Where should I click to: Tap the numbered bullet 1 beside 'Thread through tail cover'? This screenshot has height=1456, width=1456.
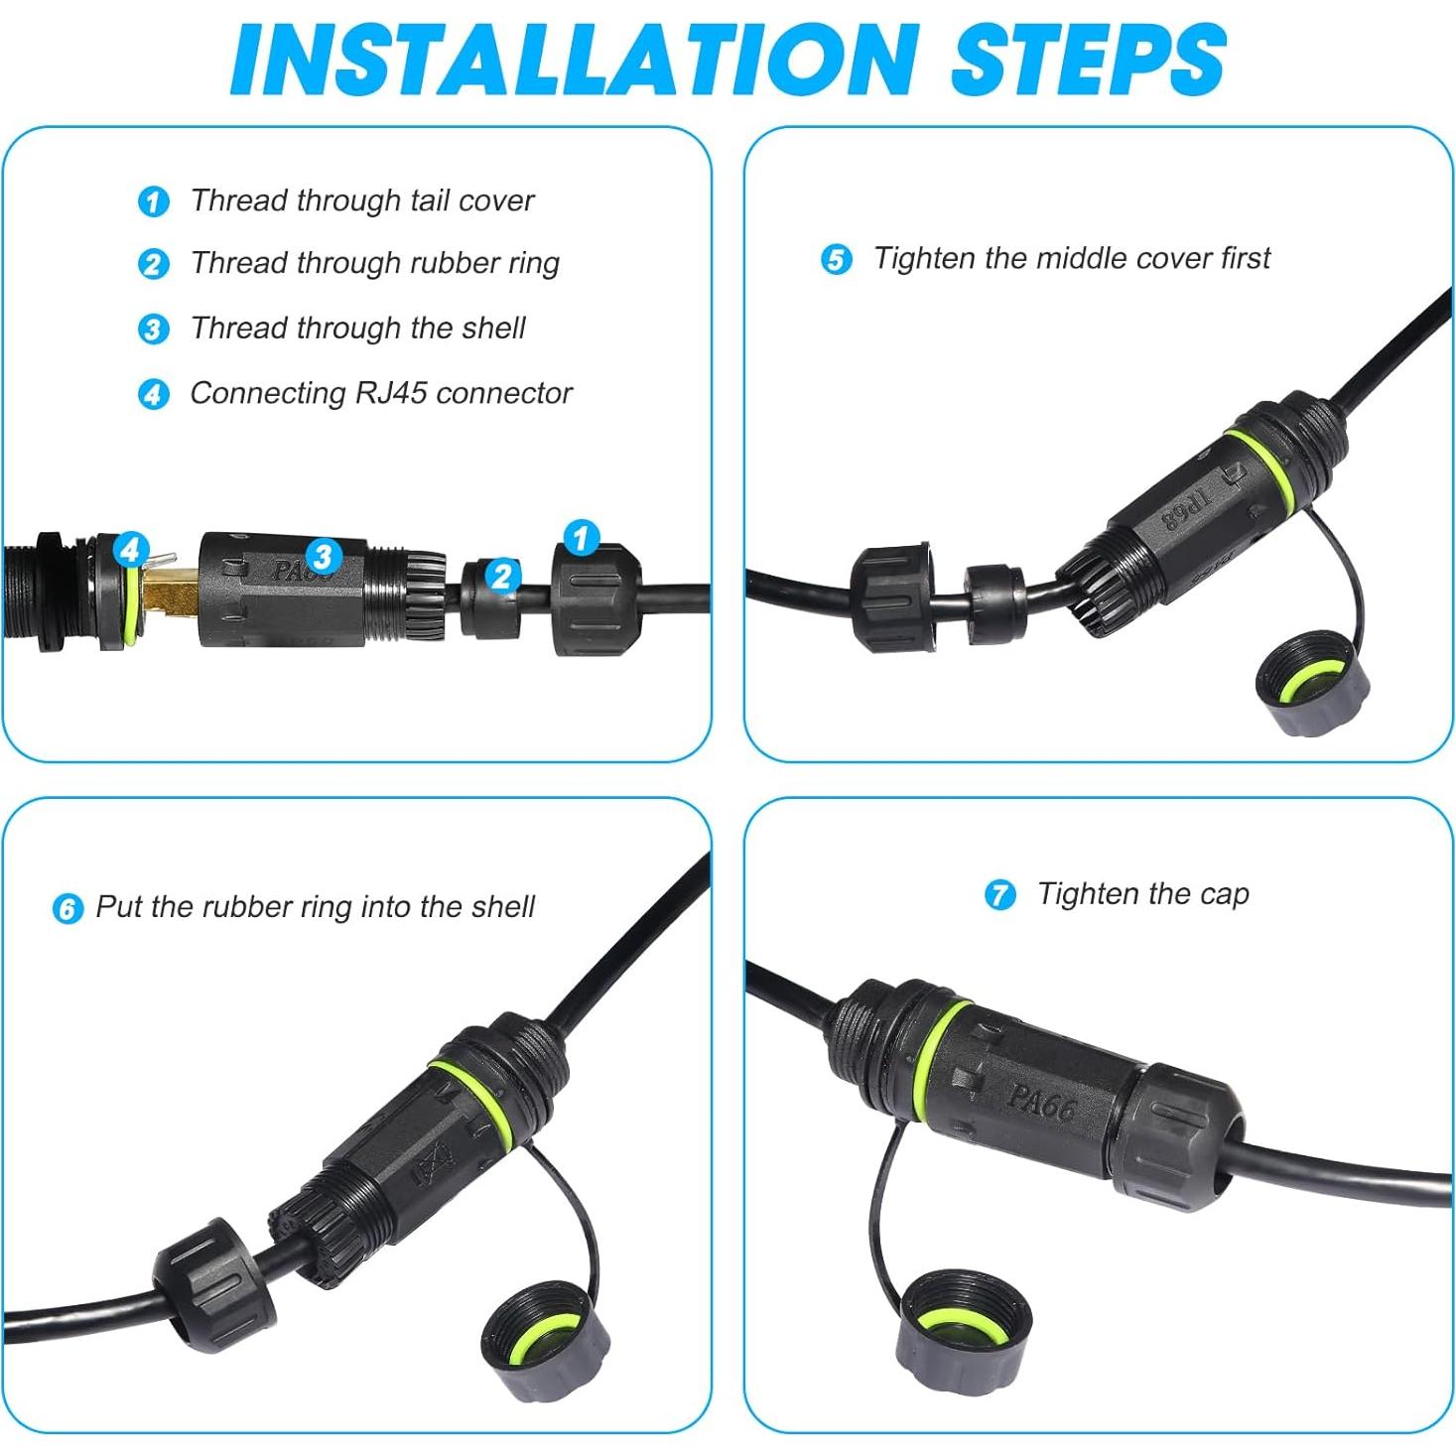(x=153, y=201)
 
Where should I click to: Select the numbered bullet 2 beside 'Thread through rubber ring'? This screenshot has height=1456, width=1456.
(x=153, y=264)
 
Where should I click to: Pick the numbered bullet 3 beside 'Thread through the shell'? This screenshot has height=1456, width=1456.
(x=153, y=329)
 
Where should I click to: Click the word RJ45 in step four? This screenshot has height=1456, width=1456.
(x=391, y=393)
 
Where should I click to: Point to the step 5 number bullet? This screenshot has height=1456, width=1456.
(x=837, y=259)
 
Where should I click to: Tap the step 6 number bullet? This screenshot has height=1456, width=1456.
(x=66, y=908)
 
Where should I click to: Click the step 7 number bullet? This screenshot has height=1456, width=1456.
(x=999, y=894)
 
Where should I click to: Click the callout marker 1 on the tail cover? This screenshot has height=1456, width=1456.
(x=581, y=538)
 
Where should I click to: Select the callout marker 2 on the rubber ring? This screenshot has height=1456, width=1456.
(x=502, y=576)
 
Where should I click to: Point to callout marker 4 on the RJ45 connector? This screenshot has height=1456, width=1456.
(x=131, y=548)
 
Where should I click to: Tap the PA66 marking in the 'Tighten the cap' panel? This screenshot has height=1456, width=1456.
(x=1040, y=1100)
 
